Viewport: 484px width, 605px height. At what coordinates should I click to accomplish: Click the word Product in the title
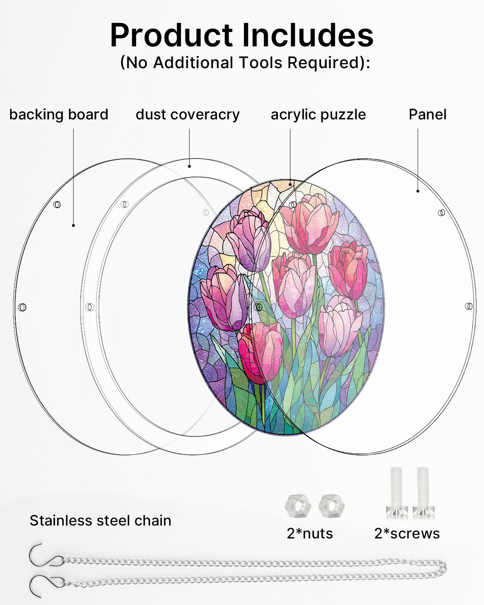tap(171, 35)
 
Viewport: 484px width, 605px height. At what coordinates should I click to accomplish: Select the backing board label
tap(59, 115)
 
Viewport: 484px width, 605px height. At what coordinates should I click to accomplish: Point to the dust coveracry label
tap(188, 115)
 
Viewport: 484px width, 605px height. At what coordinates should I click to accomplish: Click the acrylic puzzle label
tap(318, 115)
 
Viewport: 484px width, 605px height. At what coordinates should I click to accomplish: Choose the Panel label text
tap(428, 115)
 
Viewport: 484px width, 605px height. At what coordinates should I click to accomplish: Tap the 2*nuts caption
tap(310, 533)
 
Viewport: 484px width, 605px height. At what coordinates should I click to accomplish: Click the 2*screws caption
tap(407, 533)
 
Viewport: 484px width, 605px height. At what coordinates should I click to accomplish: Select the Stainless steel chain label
tap(100, 520)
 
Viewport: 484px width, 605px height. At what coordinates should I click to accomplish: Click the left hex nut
tap(298, 506)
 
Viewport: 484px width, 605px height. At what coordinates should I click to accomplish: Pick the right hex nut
tap(332, 506)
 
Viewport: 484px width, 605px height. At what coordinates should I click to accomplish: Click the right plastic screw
tap(423, 492)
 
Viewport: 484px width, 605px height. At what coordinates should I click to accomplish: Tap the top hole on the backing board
tap(57, 204)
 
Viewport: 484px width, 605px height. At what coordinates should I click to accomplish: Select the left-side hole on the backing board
tap(22, 307)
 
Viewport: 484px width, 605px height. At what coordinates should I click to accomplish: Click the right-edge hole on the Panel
tap(469, 306)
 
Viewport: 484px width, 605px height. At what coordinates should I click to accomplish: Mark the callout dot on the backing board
tap(73, 225)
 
